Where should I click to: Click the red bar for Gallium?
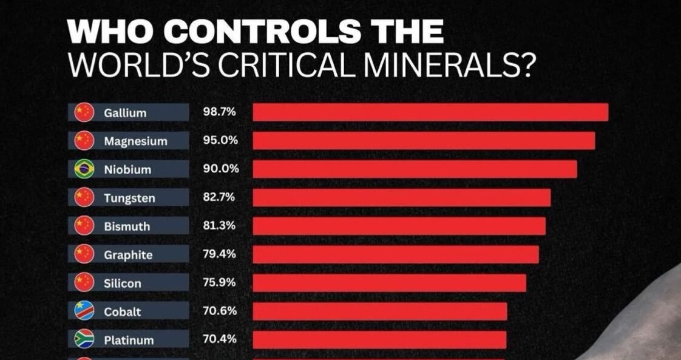click(430, 112)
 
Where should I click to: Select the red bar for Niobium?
click(415, 169)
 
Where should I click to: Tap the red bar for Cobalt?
click(379, 311)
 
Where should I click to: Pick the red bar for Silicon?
click(389, 283)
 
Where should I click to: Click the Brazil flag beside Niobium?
click(84, 169)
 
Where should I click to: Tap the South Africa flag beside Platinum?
click(84, 339)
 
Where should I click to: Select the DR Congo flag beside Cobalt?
click(84, 311)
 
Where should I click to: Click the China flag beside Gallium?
click(84, 112)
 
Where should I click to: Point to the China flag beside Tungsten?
click(84, 197)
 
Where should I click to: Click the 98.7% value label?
click(219, 112)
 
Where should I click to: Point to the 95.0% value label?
click(219, 140)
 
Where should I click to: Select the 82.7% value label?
click(219, 197)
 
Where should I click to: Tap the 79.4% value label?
click(219, 254)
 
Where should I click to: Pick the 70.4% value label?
click(219, 339)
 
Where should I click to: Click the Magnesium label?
click(135, 141)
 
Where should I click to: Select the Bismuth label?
click(127, 226)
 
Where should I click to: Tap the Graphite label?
click(128, 255)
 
